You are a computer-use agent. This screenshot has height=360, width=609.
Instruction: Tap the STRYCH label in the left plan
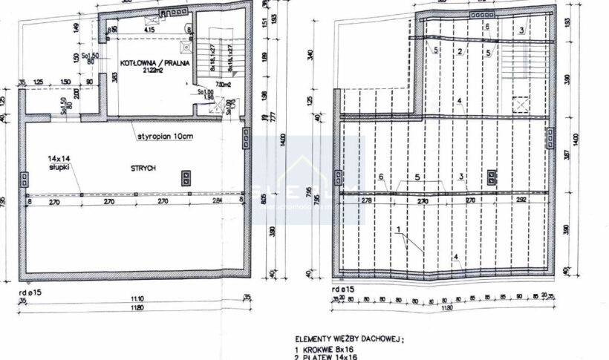tap(145, 169)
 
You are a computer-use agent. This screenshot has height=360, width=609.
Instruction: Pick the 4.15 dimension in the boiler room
tap(149, 30)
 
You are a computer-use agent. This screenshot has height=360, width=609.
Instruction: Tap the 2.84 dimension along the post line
tap(215, 200)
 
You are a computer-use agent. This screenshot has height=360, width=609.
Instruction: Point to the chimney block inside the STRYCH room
tap(183, 177)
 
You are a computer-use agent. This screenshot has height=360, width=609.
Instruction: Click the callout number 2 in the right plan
tap(460, 51)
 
